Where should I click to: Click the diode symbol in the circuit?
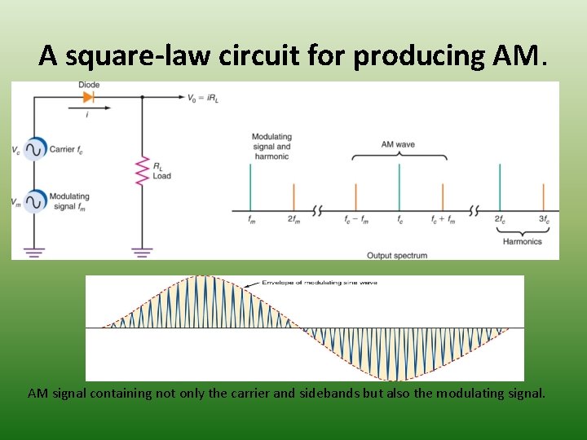88,97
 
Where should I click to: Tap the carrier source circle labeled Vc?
35,150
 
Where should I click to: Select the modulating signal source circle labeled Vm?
35,200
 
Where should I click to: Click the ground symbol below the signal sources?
33,252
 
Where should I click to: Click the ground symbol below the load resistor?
143,252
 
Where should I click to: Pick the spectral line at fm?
250,187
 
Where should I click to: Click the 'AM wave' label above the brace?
398,144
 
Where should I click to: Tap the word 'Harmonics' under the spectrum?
522,242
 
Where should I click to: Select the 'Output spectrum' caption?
397,256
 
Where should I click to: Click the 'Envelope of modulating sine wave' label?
320,282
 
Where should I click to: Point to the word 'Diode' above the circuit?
89,86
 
